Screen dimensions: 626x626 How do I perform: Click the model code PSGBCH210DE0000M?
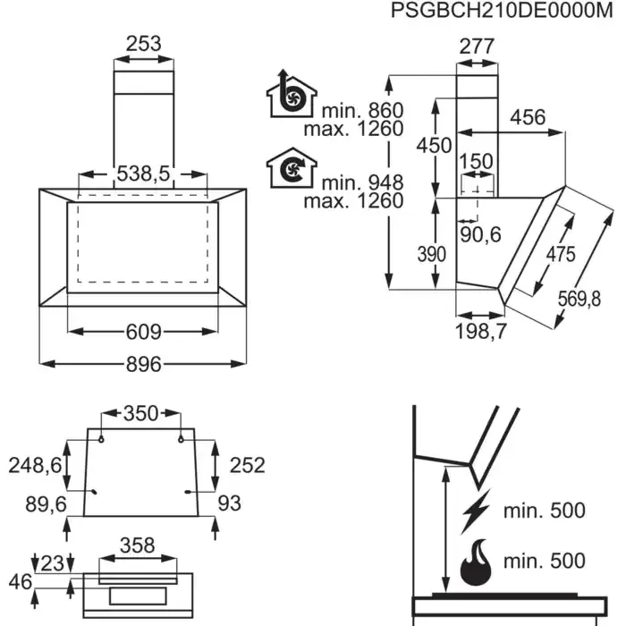click(x=505, y=11)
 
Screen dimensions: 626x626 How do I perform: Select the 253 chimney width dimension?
click(x=143, y=43)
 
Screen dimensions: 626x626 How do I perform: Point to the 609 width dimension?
click(x=143, y=333)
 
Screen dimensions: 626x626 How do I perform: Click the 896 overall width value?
click(x=143, y=364)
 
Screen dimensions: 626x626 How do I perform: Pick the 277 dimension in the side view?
click(x=477, y=47)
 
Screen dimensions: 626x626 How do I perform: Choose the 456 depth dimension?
click(x=527, y=117)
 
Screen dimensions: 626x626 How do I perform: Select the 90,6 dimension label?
click(x=481, y=234)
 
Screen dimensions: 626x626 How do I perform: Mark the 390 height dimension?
click(x=431, y=254)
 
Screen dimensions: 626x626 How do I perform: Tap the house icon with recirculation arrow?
click(x=290, y=168)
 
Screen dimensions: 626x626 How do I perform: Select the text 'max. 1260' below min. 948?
click(x=353, y=200)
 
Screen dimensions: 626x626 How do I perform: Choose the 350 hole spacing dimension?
click(x=140, y=413)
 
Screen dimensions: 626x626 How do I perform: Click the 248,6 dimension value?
click(x=36, y=465)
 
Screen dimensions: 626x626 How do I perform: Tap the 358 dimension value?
click(x=137, y=545)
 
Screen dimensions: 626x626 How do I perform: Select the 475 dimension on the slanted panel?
click(x=561, y=253)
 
